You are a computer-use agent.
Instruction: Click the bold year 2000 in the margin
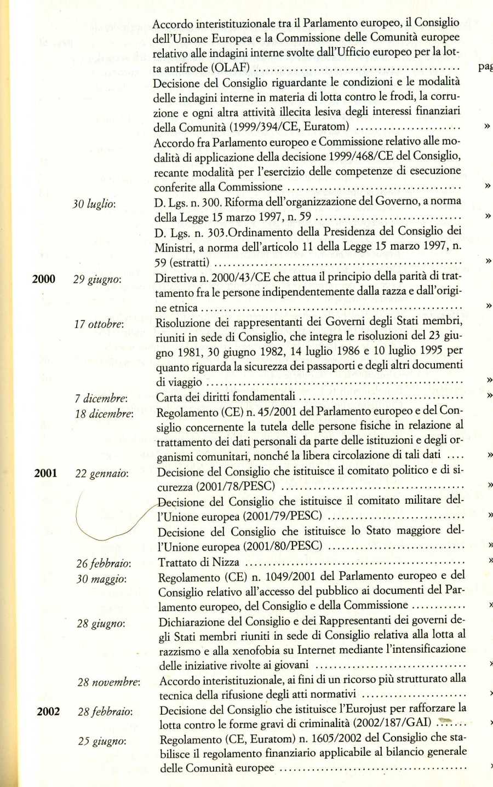[x=44, y=279]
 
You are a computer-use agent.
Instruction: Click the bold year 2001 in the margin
[x=45, y=473]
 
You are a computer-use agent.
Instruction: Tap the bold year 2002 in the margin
[x=48, y=711]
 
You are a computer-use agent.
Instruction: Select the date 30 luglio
[x=94, y=204]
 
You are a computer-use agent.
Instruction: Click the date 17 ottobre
[x=99, y=324]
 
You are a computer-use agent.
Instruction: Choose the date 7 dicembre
[x=101, y=398]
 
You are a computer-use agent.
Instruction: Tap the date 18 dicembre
[x=104, y=414]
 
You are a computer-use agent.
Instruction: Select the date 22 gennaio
[x=102, y=473]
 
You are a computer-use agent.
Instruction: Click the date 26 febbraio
[x=104, y=564]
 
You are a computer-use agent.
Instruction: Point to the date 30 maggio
[x=101, y=579]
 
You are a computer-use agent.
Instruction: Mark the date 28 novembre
[x=108, y=682]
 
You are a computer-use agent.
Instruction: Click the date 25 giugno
[x=102, y=742]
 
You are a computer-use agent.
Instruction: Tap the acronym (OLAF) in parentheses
[x=230, y=68]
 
